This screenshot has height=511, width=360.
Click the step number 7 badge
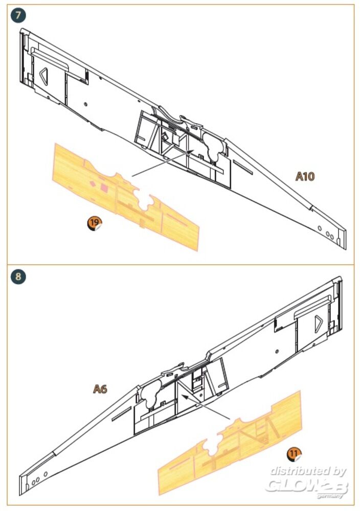click(x=18, y=15)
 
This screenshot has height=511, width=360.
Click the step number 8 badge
click(x=18, y=276)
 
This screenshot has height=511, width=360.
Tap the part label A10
click(x=305, y=176)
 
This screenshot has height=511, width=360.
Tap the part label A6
click(x=100, y=389)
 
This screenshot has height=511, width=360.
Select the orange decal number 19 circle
click(x=95, y=223)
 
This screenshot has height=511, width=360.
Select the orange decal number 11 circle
click(x=294, y=454)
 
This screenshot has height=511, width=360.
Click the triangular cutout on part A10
click(x=43, y=76)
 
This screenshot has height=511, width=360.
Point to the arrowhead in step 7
click(x=191, y=152)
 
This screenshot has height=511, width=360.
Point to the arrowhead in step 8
click(x=185, y=397)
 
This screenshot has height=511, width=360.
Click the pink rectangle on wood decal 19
click(x=104, y=187)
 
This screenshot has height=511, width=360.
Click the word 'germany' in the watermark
click(x=330, y=496)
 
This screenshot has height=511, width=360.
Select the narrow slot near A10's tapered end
click(x=243, y=167)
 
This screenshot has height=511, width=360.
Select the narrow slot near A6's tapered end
click(x=121, y=413)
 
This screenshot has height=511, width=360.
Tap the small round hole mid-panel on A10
click(x=85, y=104)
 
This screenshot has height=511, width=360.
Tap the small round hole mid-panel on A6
click(x=277, y=352)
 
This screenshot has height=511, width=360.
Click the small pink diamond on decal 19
click(x=93, y=184)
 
